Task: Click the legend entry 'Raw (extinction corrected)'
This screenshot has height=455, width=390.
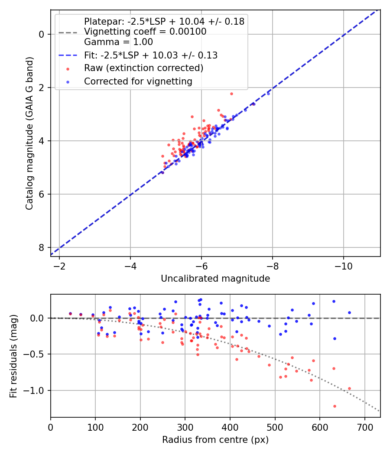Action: [x=143, y=68]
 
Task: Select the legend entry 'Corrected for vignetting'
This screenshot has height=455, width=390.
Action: [x=138, y=81]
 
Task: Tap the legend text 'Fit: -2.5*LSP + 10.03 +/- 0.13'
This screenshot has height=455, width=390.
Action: [x=151, y=55]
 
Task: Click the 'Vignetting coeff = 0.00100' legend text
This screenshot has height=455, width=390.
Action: [x=145, y=32]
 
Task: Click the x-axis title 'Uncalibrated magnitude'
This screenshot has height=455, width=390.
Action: [x=215, y=279]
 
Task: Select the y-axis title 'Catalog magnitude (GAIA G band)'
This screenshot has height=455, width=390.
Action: [x=29, y=141]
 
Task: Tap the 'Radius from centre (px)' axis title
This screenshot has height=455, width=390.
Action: [x=215, y=440]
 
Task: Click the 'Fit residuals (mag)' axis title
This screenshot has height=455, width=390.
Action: [x=14, y=356]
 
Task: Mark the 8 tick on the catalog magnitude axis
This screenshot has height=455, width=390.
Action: [x=42, y=247]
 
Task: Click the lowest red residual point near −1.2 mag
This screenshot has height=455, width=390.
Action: [x=335, y=406]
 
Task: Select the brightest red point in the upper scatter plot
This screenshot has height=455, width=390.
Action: [x=231, y=94]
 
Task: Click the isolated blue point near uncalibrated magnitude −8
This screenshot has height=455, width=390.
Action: [x=268, y=94]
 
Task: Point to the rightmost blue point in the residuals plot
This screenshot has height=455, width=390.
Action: [x=349, y=312]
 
